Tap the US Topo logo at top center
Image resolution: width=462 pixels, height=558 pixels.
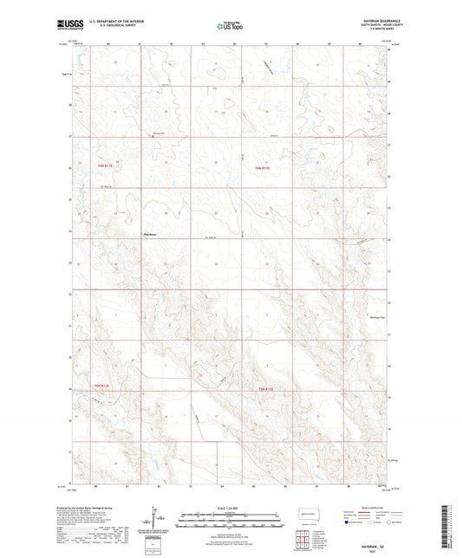[230, 26]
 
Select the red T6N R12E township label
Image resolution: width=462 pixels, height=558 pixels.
[264, 165]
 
